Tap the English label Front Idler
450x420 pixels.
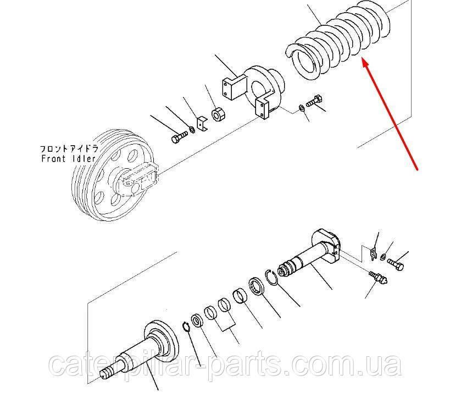[x=69, y=159]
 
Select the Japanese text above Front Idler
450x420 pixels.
[x=68, y=148]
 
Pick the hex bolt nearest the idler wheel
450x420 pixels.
[x=179, y=137]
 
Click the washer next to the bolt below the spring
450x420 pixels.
[x=302, y=107]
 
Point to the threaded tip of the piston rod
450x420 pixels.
[x=107, y=375]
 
